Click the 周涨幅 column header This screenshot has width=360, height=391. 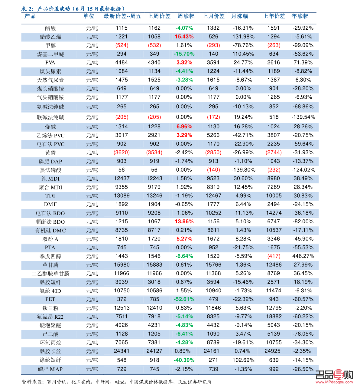(x=186, y=16)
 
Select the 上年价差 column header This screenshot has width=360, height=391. (x=274, y=16)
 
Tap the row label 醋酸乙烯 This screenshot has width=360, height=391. (x=50, y=37)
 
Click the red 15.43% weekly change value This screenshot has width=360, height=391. (x=184, y=37)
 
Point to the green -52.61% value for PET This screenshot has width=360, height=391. (x=184, y=299)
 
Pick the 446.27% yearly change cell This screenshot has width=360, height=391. (x=303, y=256)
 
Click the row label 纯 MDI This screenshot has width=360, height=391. (x=50, y=179)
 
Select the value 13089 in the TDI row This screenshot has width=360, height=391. (x=122, y=196)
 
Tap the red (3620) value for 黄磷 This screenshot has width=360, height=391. (x=122, y=153)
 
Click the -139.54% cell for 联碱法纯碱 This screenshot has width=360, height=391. (x=303, y=117)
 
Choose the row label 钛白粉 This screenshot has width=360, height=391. (x=50, y=308)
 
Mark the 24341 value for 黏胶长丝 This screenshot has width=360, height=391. (x=122, y=351)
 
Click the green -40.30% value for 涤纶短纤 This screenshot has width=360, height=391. (x=184, y=360)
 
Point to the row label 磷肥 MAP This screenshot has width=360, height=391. (x=50, y=369)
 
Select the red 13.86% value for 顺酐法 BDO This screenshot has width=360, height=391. (x=184, y=222)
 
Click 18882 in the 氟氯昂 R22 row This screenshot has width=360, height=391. (x=274, y=317)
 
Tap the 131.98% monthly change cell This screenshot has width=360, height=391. (x=243, y=37)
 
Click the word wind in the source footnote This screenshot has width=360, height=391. (x=120, y=382)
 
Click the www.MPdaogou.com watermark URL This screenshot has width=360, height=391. (x=334, y=382)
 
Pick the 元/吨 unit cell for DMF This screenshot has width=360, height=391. (x=92, y=205)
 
